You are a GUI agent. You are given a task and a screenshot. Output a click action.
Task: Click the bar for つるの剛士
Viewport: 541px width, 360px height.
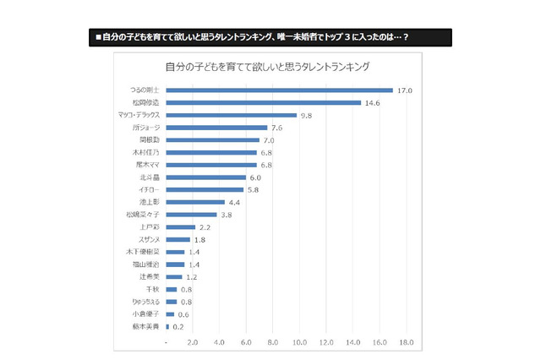(279, 90)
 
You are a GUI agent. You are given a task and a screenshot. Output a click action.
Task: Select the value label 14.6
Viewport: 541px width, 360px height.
(373, 102)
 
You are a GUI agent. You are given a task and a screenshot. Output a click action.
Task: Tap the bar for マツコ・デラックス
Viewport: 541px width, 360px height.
(232, 115)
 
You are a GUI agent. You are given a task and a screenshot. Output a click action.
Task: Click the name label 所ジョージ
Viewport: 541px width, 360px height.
(147, 128)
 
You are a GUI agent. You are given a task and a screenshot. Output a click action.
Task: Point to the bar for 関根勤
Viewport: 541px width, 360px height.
(213, 139)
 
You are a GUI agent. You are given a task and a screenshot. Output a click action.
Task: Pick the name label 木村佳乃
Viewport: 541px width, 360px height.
(146, 152)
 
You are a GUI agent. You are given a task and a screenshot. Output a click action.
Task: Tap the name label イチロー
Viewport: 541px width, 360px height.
(149, 190)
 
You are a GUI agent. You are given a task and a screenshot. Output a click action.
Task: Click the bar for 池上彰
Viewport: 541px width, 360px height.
(195, 202)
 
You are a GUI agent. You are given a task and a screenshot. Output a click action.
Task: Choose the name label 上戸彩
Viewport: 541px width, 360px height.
(149, 227)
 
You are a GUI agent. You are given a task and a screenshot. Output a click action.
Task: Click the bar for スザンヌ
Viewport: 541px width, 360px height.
(178, 239)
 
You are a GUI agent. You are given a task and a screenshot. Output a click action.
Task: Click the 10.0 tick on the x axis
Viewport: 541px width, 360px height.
(299, 342)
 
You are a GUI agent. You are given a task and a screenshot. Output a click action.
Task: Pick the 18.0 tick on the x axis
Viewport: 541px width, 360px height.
(406, 342)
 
